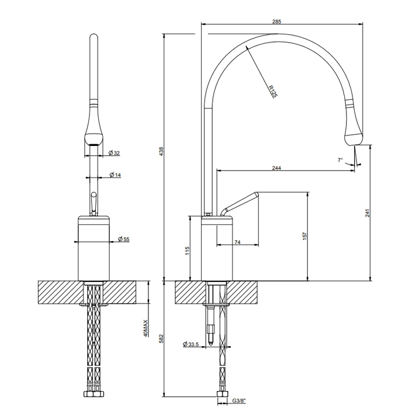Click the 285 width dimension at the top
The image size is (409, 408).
276,21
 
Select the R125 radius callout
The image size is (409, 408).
272,91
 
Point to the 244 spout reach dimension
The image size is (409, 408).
277,168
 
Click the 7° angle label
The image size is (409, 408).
340,159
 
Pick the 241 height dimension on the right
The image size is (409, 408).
368,213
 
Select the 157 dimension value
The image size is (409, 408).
304,236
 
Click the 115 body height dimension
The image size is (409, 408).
187,250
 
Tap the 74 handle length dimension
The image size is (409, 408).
238,242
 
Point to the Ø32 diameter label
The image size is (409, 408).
115,153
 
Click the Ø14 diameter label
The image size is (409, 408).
115,175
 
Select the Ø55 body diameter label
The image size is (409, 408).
123,239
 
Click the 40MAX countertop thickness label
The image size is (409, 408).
145,328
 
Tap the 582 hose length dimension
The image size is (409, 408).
162,339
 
